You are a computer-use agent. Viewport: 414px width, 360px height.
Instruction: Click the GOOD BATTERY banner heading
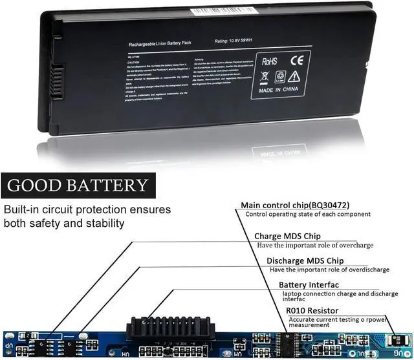click(78, 185)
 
